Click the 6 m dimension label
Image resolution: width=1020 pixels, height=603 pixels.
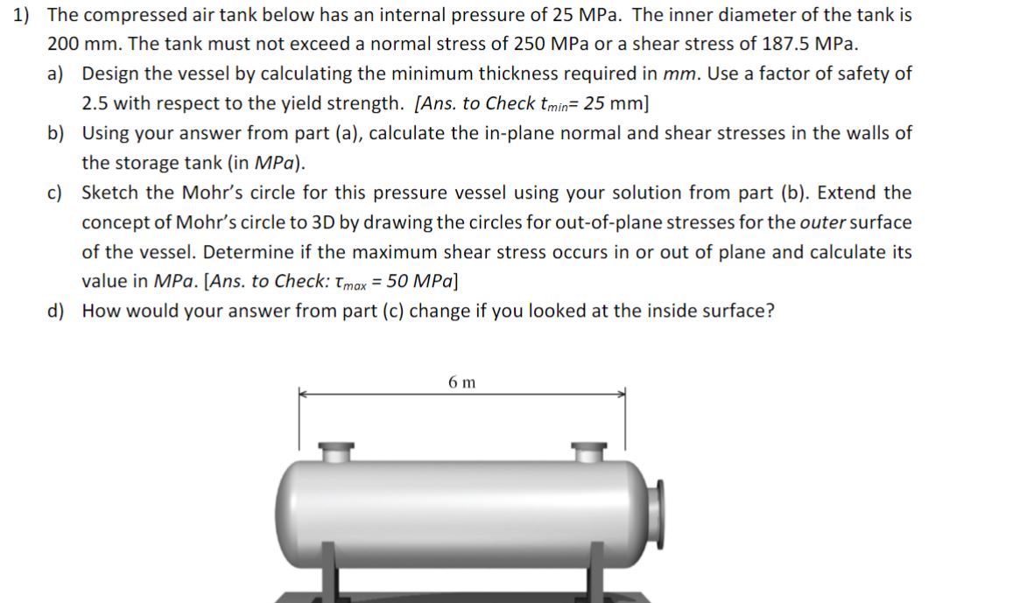click(x=461, y=382)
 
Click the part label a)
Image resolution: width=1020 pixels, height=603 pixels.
click(x=56, y=74)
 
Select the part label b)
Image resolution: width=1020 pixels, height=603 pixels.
click(x=56, y=133)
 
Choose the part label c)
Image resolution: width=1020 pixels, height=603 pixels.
click(x=56, y=193)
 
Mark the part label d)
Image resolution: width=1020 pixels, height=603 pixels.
click(x=56, y=312)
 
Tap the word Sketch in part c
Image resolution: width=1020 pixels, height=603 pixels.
click(x=111, y=193)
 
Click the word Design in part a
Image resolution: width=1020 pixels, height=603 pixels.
click(x=111, y=74)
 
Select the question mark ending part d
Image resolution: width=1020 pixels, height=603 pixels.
click(x=770, y=312)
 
